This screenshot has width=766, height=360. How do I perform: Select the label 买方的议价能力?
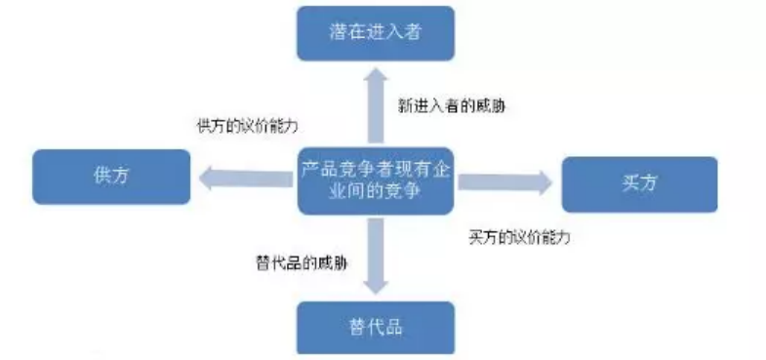tap(519, 237)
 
